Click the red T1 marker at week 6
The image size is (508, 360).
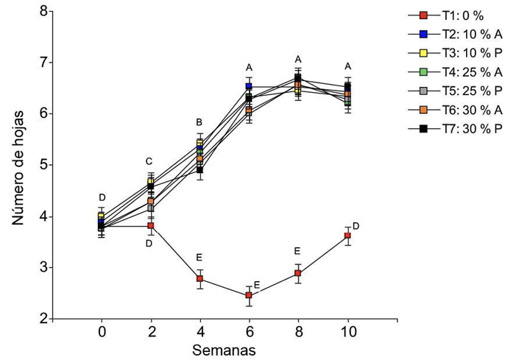tap(249, 295)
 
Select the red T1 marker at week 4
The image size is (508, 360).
tap(200, 278)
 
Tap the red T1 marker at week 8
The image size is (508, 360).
tap(298, 273)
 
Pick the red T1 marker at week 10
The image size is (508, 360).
tap(348, 236)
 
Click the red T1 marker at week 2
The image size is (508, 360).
tap(150, 225)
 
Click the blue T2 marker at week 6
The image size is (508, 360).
tap(249, 87)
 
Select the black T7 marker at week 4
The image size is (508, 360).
tap(200, 170)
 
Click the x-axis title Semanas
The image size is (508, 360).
tap(225, 350)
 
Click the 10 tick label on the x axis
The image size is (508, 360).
tap(348, 332)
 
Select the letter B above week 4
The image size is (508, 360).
tap(200, 122)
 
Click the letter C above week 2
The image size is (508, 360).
tap(149, 161)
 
